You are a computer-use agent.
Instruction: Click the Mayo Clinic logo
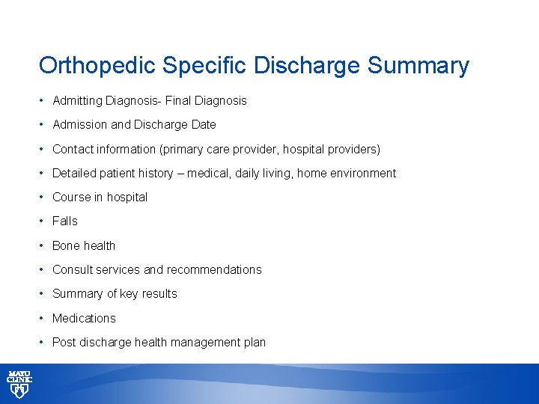tap(19, 383)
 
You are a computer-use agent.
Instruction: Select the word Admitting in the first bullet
tap(78, 100)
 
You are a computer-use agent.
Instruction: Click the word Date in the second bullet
tap(203, 125)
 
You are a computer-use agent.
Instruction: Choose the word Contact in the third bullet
tap(73, 150)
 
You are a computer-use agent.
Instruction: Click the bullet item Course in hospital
tap(100, 198)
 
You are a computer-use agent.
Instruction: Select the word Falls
tap(64, 221)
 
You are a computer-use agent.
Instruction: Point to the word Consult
tap(73, 270)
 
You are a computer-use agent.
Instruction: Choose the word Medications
tap(84, 319)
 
